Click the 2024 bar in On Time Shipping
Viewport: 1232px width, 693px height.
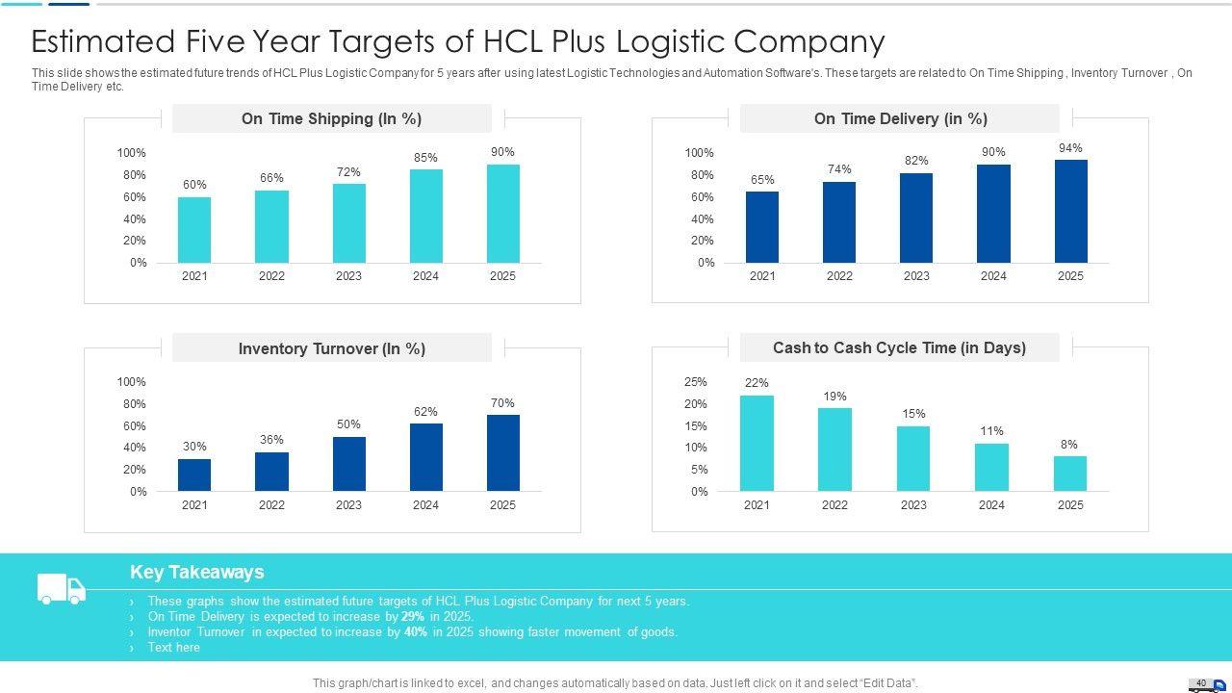pos(425,216)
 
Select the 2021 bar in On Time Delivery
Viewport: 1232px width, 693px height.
pos(762,227)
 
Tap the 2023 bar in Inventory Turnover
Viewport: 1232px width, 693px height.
pos(348,464)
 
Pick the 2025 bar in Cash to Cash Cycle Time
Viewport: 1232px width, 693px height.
pos(1069,474)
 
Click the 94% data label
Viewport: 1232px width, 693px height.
pos(1070,148)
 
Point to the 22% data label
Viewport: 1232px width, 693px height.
pos(757,383)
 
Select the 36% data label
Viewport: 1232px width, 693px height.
pos(271,440)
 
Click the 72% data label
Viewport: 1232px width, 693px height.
pos(348,172)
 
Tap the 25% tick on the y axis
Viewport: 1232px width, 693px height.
pos(696,382)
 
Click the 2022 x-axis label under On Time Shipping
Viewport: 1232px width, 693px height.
pos(271,276)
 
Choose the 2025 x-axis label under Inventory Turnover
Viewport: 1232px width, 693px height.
pos(502,505)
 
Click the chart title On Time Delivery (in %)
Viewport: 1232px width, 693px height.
pos(900,119)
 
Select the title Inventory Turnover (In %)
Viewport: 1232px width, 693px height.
pos(332,348)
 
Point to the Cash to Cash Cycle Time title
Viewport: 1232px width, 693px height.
pos(899,347)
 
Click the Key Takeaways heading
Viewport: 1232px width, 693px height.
pos(197,572)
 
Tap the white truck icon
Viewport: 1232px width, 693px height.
pos(61,588)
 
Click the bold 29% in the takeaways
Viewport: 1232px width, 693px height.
pos(413,617)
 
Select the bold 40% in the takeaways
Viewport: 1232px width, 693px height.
pos(416,632)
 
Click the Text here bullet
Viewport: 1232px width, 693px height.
pos(173,648)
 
